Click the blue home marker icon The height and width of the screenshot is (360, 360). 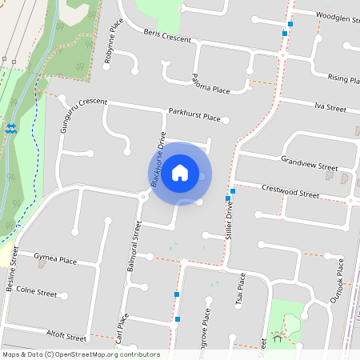pyautogui.click(x=180, y=173)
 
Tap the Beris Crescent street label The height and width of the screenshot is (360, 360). pyautogui.click(x=168, y=38)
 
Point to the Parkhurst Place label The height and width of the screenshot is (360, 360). pyautogui.click(x=194, y=117)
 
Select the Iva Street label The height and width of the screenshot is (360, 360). pyautogui.click(x=330, y=106)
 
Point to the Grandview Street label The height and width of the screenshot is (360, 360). pyautogui.click(x=310, y=163)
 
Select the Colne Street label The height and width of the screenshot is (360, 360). pyautogui.click(x=37, y=293)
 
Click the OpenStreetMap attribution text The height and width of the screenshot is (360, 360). pyautogui.click(x=81, y=354)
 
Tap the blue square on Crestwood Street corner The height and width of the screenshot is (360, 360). pyautogui.click(x=232, y=191)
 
